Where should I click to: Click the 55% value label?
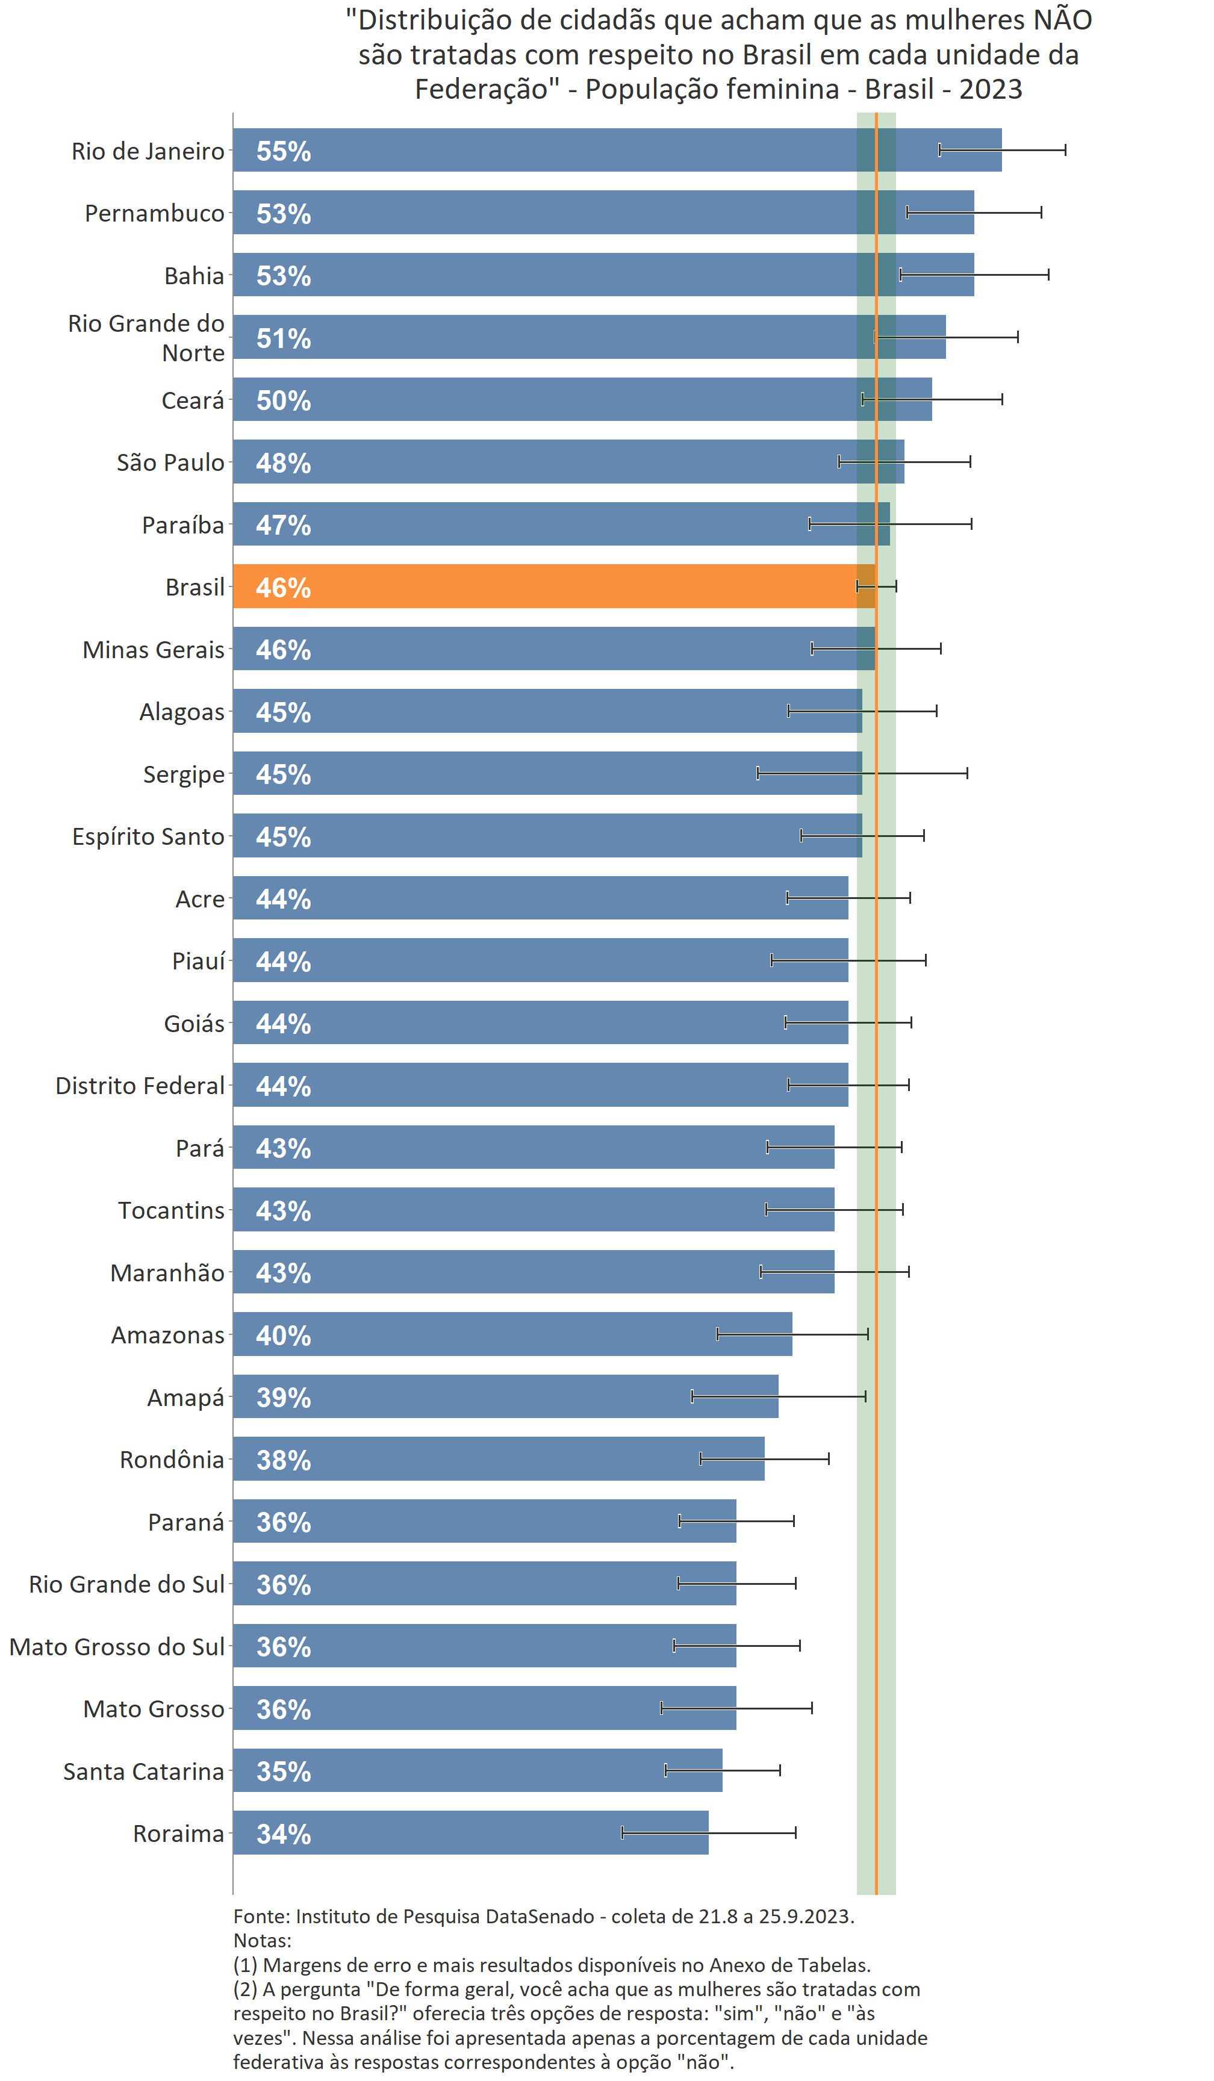point(283,151)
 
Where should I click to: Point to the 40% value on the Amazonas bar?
point(283,1336)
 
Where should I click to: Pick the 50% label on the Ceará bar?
point(283,400)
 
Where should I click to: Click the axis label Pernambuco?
point(154,213)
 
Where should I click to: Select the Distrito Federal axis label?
point(140,1085)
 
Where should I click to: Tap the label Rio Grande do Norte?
point(146,338)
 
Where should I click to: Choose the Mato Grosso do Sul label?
point(116,1647)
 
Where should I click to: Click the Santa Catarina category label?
point(144,1771)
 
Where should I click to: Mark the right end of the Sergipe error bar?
point(967,773)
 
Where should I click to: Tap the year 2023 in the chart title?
point(990,89)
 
